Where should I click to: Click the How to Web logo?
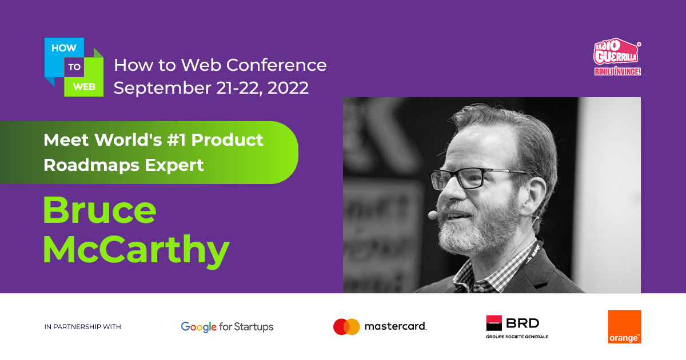tap(74, 67)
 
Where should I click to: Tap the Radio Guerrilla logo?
tap(617, 57)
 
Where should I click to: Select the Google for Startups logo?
tap(227, 327)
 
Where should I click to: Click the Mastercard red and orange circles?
tap(346, 327)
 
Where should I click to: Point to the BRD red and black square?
tap(494, 323)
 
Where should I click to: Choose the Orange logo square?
tap(624, 327)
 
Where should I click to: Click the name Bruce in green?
tap(100, 210)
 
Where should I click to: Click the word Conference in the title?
tap(276, 65)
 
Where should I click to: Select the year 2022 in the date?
tap(288, 88)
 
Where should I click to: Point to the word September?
tap(162, 89)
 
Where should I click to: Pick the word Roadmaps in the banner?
tap(91, 166)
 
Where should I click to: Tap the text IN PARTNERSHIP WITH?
tap(83, 327)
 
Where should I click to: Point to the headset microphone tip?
tap(433, 215)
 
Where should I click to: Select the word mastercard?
tap(396, 326)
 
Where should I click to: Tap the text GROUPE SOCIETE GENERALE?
tap(517, 337)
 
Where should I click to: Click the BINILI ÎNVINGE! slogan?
tap(617, 71)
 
